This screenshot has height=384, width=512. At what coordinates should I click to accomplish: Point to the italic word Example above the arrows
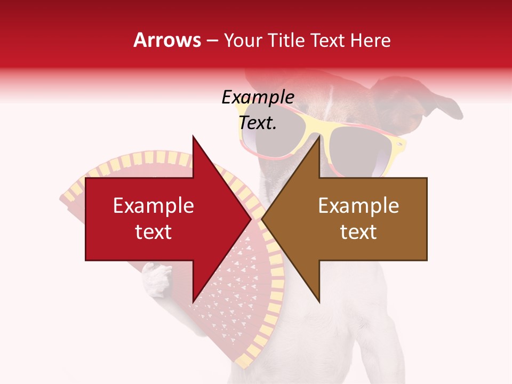pyautogui.click(x=258, y=98)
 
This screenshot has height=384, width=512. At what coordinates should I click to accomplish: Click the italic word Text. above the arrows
pyautogui.click(x=258, y=123)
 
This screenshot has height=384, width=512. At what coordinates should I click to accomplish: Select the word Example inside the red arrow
pyautogui.click(x=154, y=206)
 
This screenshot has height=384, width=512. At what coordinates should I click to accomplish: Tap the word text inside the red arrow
pyautogui.click(x=154, y=232)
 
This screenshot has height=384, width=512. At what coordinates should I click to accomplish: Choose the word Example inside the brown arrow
pyautogui.click(x=358, y=206)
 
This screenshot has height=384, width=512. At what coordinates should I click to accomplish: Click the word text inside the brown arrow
pyautogui.click(x=358, y=232)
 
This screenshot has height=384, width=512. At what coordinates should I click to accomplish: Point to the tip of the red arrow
pyautogui.click(x=251, y=219)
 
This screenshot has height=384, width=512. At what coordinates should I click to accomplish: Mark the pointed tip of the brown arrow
pyautogui.click(x=262, y=219)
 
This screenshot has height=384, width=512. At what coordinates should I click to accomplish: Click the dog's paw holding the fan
pyautogui.click(x=156, y=280)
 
